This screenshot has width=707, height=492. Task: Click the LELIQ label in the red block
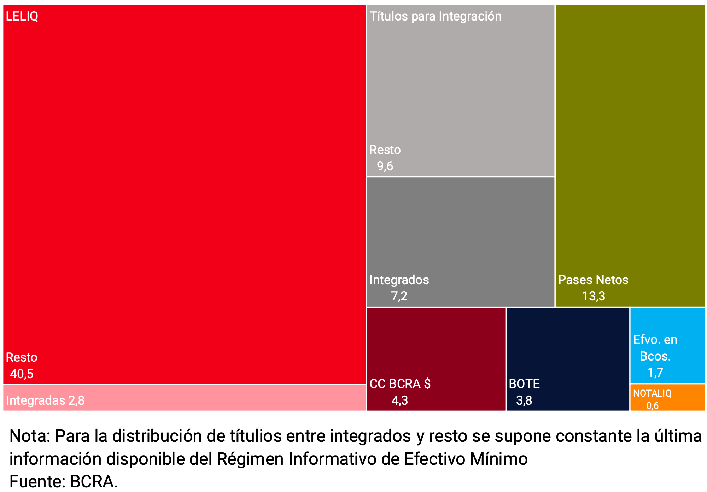(x=22, y=16)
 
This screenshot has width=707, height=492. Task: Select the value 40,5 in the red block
(x=22, y=374)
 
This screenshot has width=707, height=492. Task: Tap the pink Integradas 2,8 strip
(x=184, y=398)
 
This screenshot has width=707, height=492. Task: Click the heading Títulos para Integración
(x=436, y=16)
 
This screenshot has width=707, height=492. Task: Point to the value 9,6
(x=385, y=166)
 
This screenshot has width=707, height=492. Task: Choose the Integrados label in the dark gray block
(x=399, y=280)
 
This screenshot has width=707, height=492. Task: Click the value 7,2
(x=399, y=296)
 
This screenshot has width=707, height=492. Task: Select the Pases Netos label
(x=593, y=280)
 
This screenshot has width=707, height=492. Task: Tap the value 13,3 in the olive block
(x=594, y=296)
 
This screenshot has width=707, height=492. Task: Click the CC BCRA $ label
(x=400, y=384)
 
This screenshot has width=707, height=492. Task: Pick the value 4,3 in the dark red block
(x=400, y=400)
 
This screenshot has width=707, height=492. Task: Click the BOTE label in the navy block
(x=524, y=384)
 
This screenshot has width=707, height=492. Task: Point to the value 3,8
(x=524, y=400)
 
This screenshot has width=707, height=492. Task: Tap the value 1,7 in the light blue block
(x=655, y=372)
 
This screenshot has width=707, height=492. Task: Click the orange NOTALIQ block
(x=682, y=398)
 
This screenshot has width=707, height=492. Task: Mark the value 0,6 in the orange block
(x=653, y=405)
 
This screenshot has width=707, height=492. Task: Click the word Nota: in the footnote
(x=30, y=436)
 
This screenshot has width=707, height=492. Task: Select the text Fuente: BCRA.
(x=64, y=481)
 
